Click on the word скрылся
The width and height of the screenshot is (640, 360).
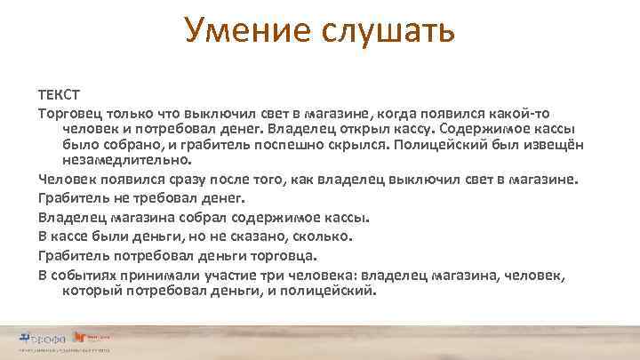click(x=360, y=146)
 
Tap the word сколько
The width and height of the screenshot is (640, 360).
click(x=326, y=236)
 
